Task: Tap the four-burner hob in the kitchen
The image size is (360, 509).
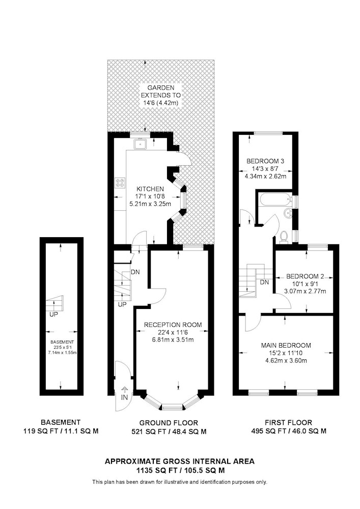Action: coord(120,183)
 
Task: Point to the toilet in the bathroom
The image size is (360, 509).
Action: coord(284,236)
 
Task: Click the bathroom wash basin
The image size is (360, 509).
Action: coord(288,213)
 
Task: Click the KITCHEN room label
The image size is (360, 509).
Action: coord(150,189)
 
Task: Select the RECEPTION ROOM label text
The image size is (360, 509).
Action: coord(173,325)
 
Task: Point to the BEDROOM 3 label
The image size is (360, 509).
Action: coord(265,161)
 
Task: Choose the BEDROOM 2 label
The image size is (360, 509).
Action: coord(305,276)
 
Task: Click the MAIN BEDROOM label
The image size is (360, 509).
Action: coord(286,346)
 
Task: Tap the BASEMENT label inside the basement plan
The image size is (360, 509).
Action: coord(62,342)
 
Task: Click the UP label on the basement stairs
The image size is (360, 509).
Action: coord(53,315)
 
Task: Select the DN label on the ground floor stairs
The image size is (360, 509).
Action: coord(135,272)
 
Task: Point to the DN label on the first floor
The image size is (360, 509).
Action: coord(265,282)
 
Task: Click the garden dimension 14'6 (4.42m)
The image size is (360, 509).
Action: coord(161,103)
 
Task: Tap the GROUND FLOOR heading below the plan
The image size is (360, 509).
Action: coord(169,423)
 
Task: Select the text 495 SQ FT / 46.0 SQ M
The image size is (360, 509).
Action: coord(289,431)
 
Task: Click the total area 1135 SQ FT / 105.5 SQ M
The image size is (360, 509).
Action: coord(180,470)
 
